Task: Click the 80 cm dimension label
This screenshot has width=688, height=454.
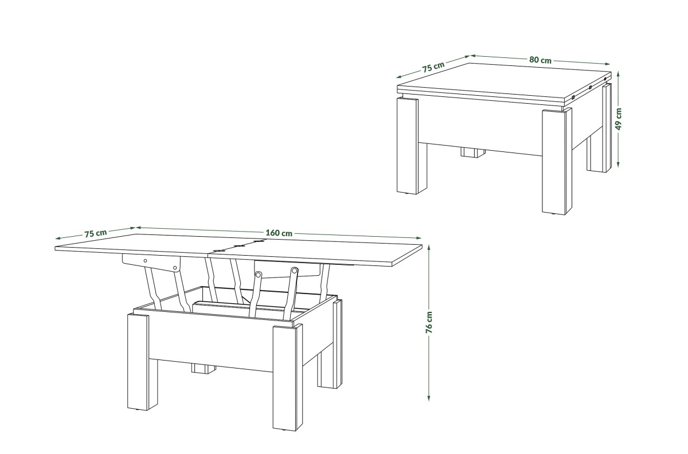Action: click(x=540, y=60)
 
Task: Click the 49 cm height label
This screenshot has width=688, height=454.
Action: click(x=619, y=119)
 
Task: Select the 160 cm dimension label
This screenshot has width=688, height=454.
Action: click(x=279, y=233)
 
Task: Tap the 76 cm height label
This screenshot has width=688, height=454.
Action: click(x=429, y=322)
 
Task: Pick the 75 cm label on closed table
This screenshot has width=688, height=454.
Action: click(x=433, y=67)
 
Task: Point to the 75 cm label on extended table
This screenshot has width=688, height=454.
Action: click(x=96, y=233)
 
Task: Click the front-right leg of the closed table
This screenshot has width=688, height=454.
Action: click(x=557, y=161)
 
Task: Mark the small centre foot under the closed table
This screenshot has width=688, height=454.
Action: click(x=472, y=152)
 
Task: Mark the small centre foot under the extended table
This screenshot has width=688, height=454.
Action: click(x=204, y=368)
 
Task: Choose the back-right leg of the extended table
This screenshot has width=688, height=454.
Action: click(x=330, y=344)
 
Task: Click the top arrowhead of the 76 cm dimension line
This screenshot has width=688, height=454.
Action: click(x=429, y=248)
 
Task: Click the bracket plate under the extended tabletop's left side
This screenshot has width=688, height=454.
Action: click(x=151, y=263)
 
